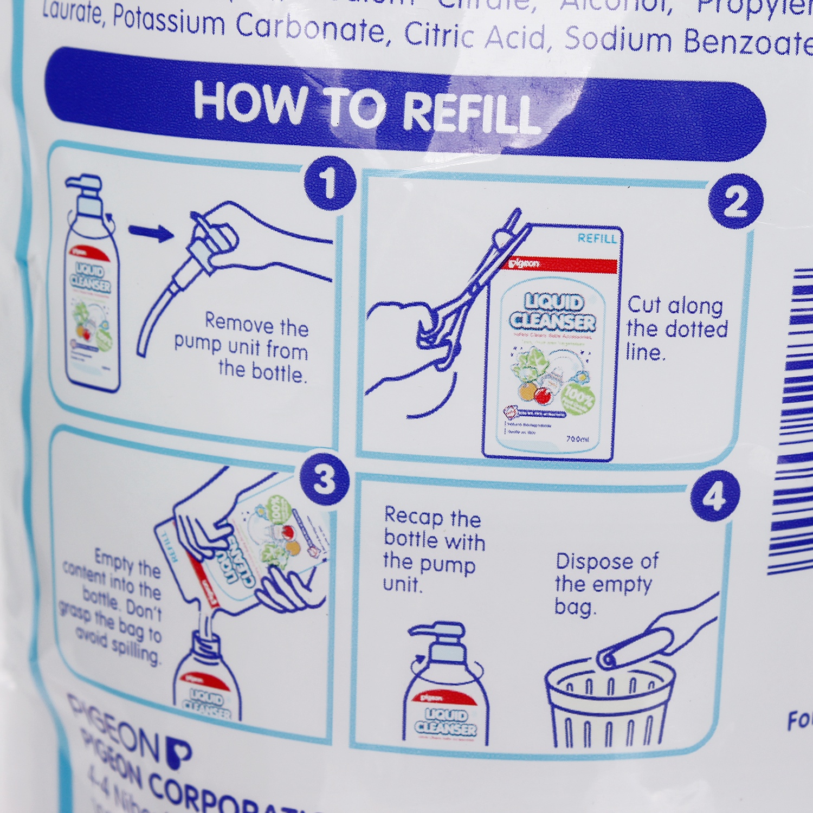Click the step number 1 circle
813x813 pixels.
click(x=330, y=183)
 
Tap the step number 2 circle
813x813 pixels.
click(x=735, y=201)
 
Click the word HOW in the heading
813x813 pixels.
click(x=250, y=101)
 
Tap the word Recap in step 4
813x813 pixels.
click(x=413, y=516)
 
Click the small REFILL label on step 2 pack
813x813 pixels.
click(x=597, y=238)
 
